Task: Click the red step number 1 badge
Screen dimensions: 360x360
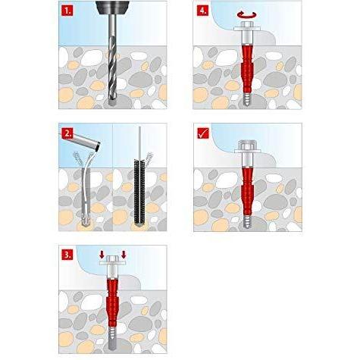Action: point(67,11)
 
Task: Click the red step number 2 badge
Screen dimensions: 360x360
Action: point(67,133)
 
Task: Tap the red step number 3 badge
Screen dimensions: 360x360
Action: point(67,255)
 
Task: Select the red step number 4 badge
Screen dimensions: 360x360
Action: point(202,11)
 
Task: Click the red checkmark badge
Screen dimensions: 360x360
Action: point(202,133)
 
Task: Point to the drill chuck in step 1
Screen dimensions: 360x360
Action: point(111,7)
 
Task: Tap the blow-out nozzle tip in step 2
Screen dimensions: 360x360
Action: point(99,146)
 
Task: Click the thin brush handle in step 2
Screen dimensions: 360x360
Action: point(139,142)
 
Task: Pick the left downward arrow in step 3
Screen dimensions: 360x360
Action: point(102,255)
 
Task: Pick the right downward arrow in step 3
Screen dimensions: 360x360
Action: point(124,255)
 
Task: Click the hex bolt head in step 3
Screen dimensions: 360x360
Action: point(112,258)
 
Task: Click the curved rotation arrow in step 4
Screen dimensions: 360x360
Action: point(246,15)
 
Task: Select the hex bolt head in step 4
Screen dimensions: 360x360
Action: point(246,25)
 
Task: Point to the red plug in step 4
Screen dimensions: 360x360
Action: point(246,70)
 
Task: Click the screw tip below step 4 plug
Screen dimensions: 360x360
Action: point(246,101)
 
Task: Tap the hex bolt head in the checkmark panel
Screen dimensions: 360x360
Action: point(248,146)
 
